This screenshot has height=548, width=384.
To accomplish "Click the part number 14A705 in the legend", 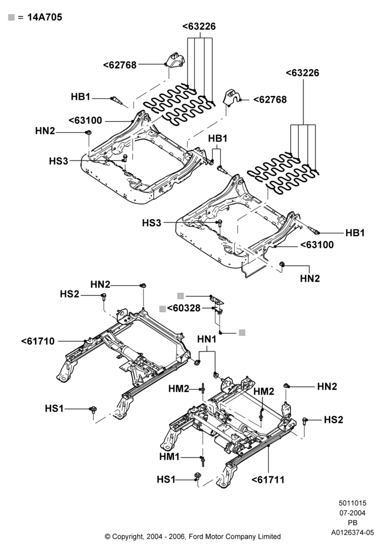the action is [x=45, y=17].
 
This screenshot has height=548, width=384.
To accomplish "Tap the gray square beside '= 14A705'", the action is [x=12, y=17].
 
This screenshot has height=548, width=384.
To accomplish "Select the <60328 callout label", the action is [x=184, y=308].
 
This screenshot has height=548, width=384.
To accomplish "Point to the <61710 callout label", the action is [x=38, y=341].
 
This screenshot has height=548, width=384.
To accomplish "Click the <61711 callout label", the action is [x=268, y=480].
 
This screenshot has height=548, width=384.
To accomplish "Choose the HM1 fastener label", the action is [x=170, y=457].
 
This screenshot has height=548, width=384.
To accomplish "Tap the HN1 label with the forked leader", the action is [x=207, y=339].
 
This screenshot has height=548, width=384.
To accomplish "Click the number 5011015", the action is [x=353, y=503].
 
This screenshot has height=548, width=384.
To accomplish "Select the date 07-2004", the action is [x=353, y=513].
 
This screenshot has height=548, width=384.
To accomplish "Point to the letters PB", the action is [x=353, y=523].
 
